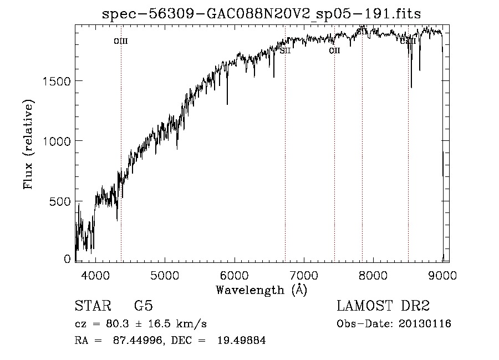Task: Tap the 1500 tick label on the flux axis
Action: [x=56, y=81]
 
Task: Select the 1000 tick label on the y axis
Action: [x=56, y=141]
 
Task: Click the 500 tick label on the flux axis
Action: [x=59, y=201]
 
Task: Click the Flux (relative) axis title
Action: [x=28, y=144]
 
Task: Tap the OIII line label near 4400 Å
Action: [x=120, y=41]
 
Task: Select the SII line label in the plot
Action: [x=285, y=50]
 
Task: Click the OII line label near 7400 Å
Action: [x=334, y=50]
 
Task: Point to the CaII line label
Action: [x=408, y=40]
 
